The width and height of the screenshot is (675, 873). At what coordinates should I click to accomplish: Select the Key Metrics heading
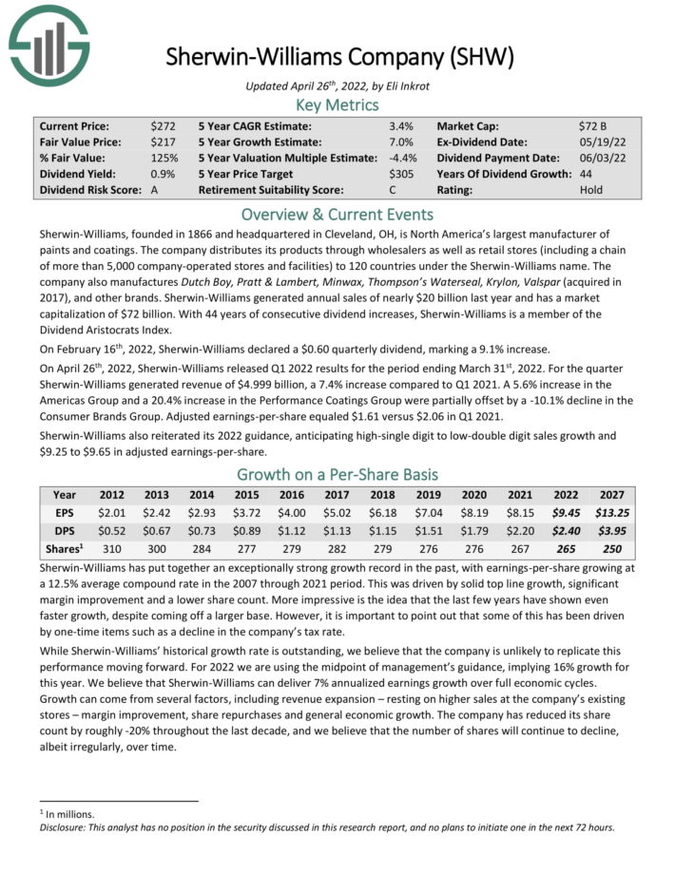337,105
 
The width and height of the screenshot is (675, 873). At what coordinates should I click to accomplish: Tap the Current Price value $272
163,125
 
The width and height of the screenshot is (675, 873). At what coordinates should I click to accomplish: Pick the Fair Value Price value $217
163,142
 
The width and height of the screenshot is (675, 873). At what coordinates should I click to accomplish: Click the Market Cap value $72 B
594,125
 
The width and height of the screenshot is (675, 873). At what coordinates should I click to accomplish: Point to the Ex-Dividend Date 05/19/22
598,142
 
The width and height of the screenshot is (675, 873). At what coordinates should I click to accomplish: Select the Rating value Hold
590,190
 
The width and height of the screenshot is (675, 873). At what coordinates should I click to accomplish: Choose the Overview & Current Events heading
337,214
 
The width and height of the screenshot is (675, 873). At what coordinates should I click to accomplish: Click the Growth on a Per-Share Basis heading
337,474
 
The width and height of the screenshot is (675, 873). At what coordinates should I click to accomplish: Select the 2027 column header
612,495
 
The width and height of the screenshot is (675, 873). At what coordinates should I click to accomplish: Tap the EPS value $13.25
612,513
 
